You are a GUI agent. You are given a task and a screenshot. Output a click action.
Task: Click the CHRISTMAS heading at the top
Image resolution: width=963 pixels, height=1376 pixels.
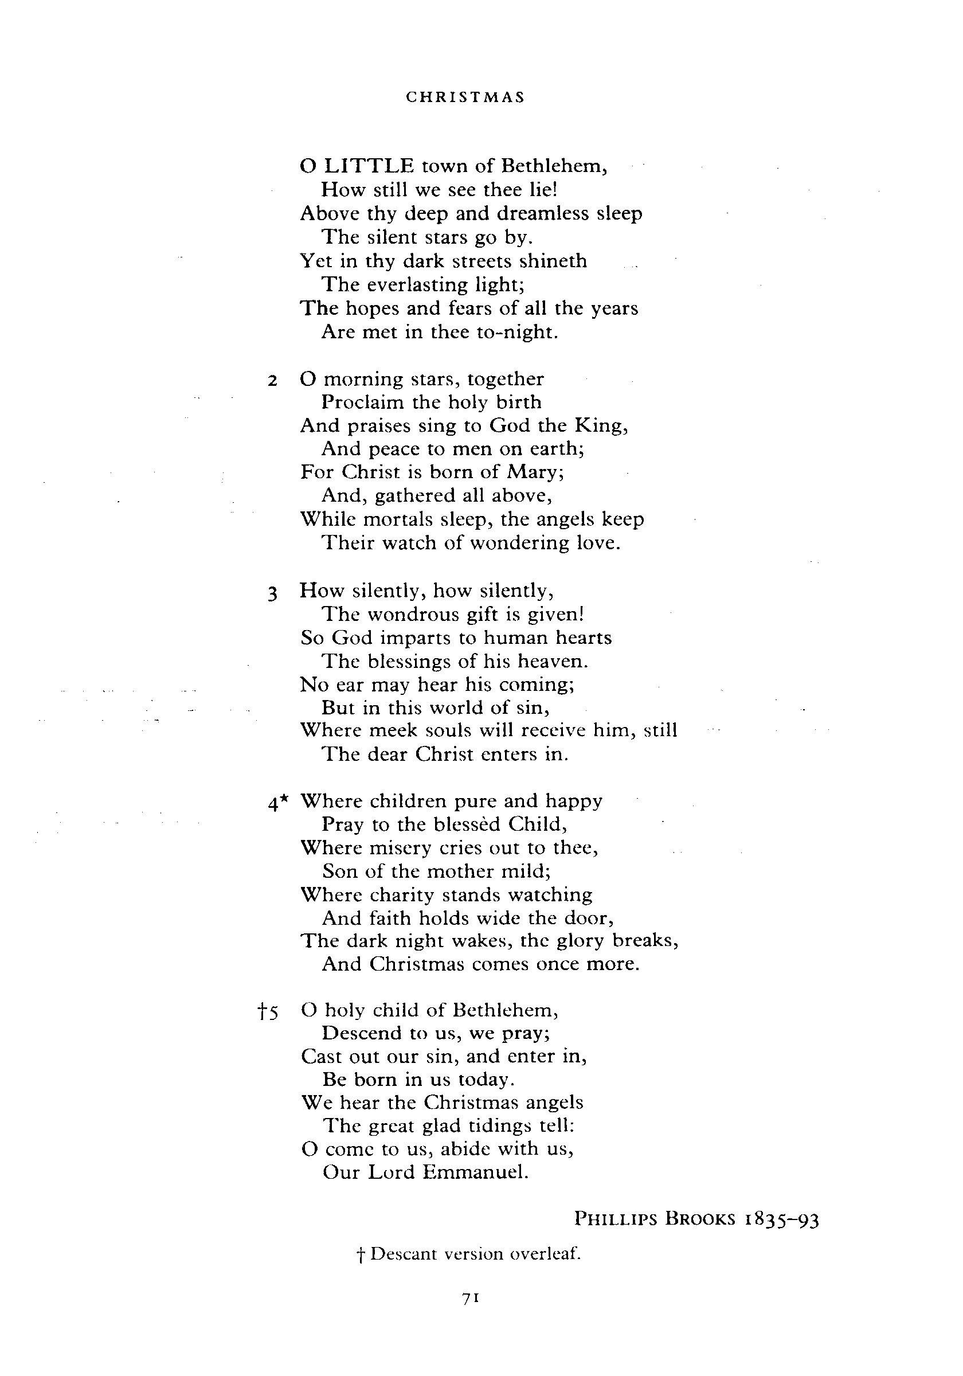click(x=465, y=97)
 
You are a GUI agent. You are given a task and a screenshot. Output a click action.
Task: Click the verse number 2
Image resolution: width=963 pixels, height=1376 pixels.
click(x=273, y=381)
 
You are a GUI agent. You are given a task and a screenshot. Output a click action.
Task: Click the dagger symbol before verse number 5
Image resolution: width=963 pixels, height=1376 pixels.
click(x=262, y=1013)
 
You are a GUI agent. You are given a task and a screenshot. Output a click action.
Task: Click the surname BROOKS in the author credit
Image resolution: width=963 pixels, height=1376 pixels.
click(x=700, y=1219)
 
